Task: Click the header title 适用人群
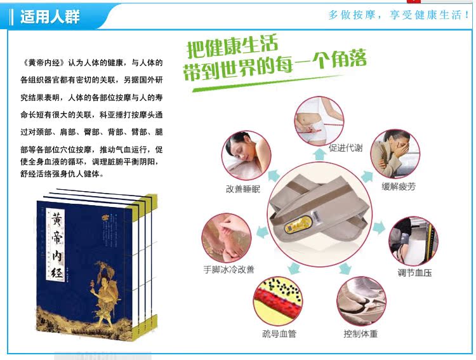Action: click(x=50, y=17)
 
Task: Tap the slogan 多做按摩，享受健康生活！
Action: click(x=399, y=15)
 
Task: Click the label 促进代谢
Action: click(x=345, y=148)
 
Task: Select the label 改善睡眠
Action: click(x=243, y=189)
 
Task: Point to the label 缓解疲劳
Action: click(x=399, y=186)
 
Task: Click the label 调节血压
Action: click(x=414, y=272)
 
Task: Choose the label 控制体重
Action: click(x=360, y=334)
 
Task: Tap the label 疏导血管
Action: click(x=279, y=334)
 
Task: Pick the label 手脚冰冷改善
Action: click(x=228, y=269)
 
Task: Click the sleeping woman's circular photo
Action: click(x=246, y=156)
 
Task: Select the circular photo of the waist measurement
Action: click(x=319, y=121)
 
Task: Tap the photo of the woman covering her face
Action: click(x=395, y=154)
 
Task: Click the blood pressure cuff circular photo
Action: click(x=413, y=241)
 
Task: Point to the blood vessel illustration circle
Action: click(x=278, y=301)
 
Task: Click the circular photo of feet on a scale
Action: click(x=361, y=301)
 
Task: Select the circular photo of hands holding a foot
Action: click(x=227, y=238)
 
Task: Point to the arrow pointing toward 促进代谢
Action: click(x=320, y=154)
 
